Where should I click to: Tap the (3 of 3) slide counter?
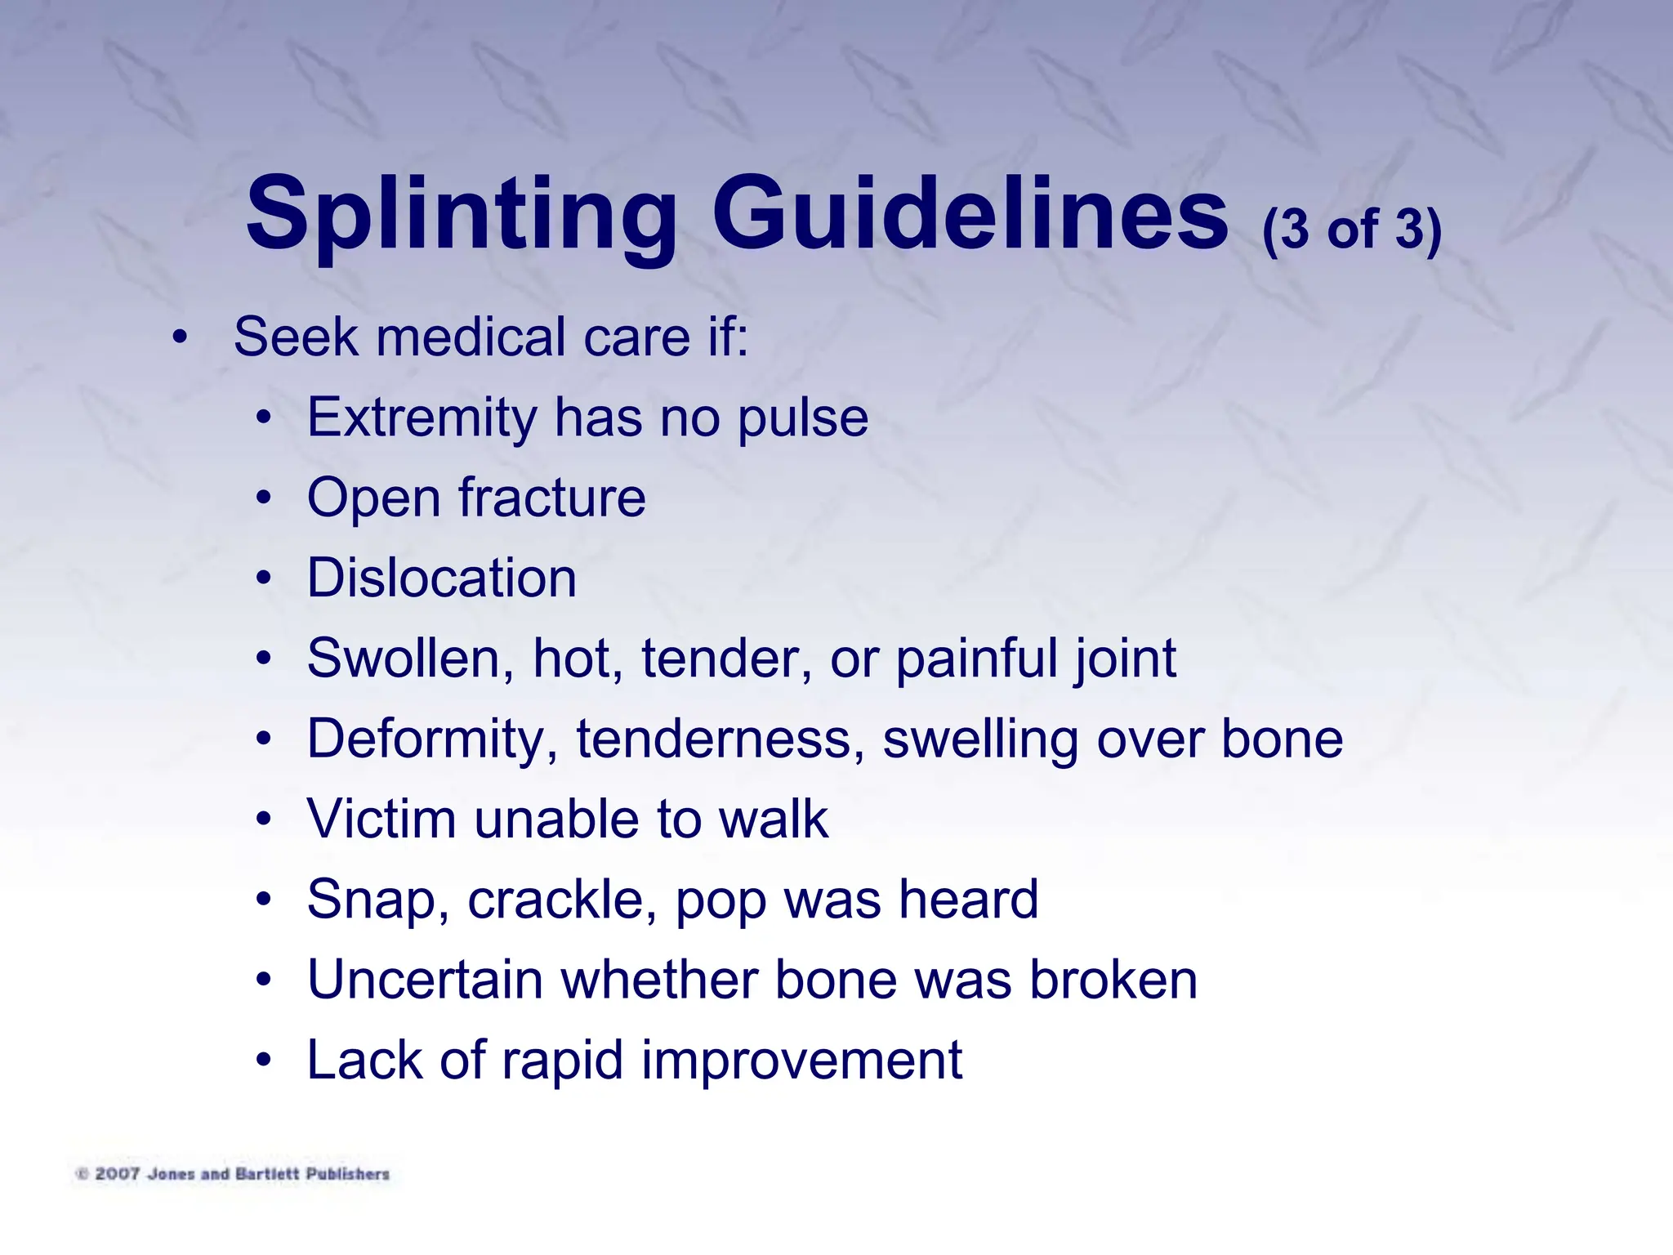(x=1352, y=230)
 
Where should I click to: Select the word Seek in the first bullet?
(x=296, y=337)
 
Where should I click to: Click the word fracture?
(x=551, y=498)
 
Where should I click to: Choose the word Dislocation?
(x=442, y=578)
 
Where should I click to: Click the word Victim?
(x=381, y=819)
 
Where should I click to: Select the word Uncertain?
(x=425, y=980)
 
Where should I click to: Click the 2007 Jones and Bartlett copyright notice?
(x=234, y=1174)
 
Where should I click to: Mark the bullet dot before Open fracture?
(x=262, y=498)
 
